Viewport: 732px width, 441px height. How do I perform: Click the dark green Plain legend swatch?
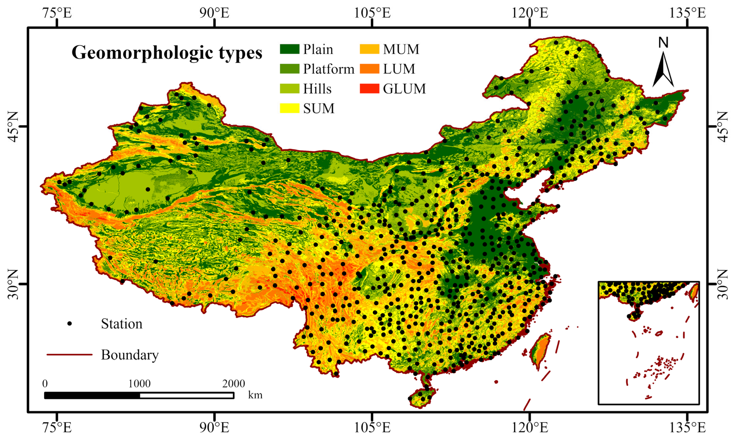[x=289, y=49]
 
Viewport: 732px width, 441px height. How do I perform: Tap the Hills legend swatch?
[x=289, y=89]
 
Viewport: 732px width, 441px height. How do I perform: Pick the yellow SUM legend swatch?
[x=289, y=108]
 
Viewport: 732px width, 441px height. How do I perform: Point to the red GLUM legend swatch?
[x=369, y=89]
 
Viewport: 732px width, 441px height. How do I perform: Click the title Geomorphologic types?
[x=167, y=53]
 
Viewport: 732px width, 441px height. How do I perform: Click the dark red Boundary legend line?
[x=70, y=355]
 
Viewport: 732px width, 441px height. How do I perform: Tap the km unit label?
[x=255, y=395]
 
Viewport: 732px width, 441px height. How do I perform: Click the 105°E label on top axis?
[x=372, y=13]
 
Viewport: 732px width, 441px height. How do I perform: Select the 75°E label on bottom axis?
[x=57, y=428]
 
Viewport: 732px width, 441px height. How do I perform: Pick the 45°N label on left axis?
[x=13, y=126]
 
